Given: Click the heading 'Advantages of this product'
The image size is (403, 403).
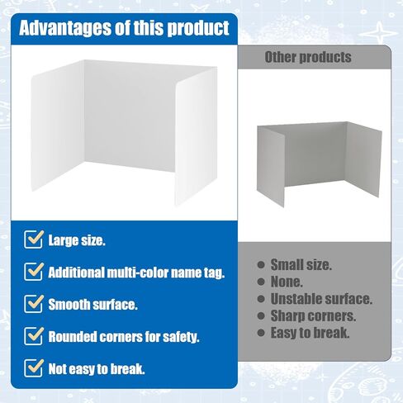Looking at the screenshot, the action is (x=124, y=28).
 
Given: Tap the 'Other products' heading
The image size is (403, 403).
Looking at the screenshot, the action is (x=308, y=57).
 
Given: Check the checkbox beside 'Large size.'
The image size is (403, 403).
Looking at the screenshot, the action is (x=34, y=239).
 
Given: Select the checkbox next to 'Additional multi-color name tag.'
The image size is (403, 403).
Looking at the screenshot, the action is (x=34, y=272).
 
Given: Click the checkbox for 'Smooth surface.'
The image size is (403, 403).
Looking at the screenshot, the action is (x=34, y=304).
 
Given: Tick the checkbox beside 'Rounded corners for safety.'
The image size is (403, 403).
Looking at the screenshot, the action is (x=34, y=336).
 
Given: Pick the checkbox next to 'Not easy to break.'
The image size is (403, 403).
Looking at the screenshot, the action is (x=34, y=368).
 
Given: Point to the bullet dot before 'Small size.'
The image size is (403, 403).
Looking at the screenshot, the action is (x=261, y=265).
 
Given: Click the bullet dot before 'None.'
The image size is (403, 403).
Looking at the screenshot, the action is (x=261, y=282).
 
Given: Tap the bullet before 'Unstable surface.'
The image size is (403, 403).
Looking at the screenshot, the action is (x=261, y=299).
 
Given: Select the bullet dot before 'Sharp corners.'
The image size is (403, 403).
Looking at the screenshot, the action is (x=261, y=316).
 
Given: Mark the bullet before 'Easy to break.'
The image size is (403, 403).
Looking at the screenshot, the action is (x=261, y=333).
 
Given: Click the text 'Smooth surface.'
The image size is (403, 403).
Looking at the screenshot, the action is (x=92, y=305).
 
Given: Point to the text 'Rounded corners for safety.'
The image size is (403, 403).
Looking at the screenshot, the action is (x=124, y=337).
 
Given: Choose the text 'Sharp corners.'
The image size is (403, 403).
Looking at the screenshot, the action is (x=313, y=316).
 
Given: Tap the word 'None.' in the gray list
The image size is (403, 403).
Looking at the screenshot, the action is (x=287, y=282).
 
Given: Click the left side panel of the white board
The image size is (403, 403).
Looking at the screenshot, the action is (x=57, y=126).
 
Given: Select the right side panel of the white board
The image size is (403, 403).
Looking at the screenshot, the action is (x=196, y=137).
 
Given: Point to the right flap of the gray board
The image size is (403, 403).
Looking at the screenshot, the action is (x=363, y=159).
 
